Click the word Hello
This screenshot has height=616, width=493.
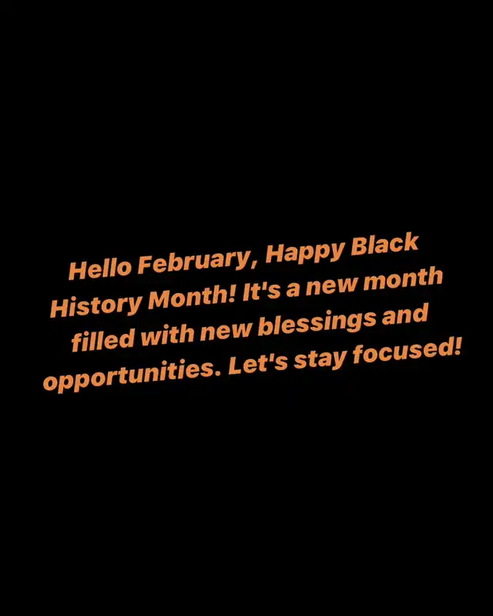[x=100, y=268]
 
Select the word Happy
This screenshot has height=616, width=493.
[x=304, y=251]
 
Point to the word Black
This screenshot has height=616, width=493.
[x=384, y=244]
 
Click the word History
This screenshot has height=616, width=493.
[x=96, y=305]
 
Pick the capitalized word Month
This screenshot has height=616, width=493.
[x=192, y=297]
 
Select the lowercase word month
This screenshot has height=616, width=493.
[x=403, y=278]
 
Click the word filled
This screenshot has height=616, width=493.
[x=103, y=339]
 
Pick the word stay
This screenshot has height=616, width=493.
[x=320, y=360]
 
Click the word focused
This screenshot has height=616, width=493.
[x=401, y=352]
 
